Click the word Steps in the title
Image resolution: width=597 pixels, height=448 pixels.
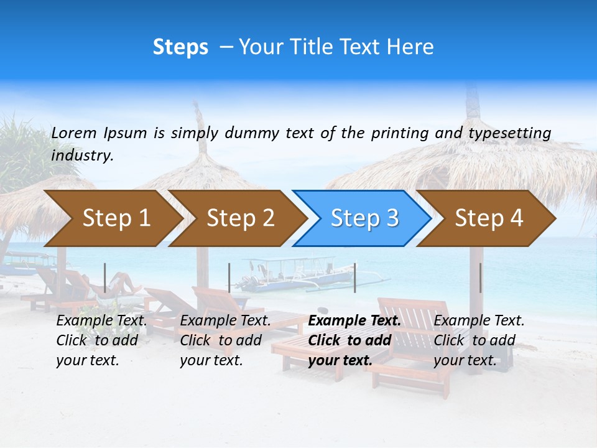[x=180, y=47]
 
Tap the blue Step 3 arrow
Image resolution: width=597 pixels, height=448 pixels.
[x=364, y=218]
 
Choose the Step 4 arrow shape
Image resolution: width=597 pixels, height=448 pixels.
[x=489, y=218]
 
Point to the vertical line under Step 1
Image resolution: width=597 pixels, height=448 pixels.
[x=105, y=278]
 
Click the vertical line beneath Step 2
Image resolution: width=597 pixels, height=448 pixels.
[x=229, y=278]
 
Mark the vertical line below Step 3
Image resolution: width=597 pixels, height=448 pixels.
[x=354, y=278]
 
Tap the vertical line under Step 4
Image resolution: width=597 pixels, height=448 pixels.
[x=480, y=278]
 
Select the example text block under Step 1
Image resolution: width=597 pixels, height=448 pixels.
[x=101, y=340]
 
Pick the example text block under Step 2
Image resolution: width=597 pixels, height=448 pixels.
[x=225, y=340]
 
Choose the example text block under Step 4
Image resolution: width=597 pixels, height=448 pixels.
[x=479, y=340]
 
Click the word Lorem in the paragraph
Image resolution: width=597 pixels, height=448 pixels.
[x=74, y=133]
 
